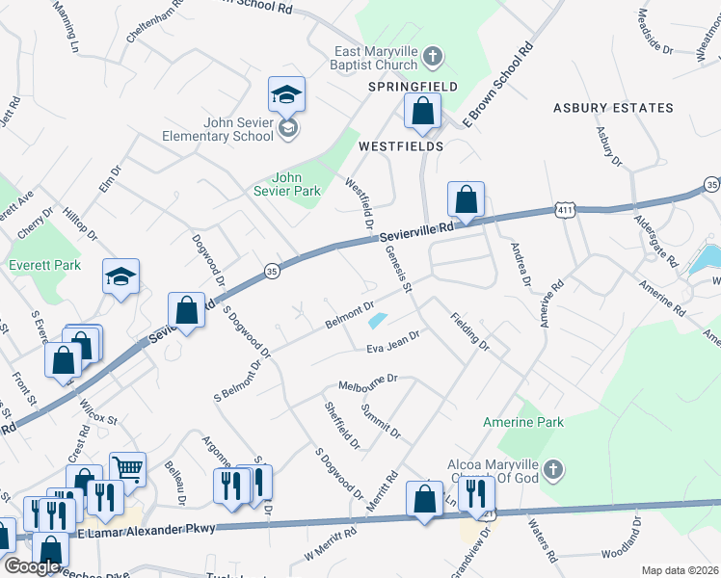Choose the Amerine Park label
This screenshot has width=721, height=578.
point(523,422)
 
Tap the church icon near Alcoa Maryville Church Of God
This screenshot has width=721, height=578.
point(551,470)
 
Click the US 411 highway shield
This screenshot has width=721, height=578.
point(566,209)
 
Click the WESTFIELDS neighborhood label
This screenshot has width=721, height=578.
point(400,146)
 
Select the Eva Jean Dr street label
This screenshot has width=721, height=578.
point(392,342)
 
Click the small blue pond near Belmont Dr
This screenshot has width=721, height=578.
point(378,320)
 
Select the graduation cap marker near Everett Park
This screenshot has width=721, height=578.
point(121,276)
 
